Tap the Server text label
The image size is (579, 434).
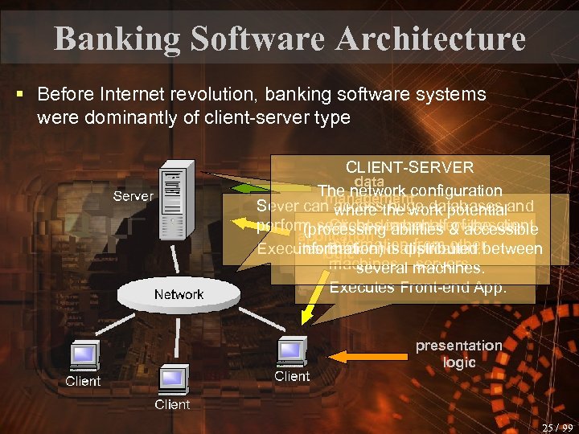pyautogui.click(x=133, y=196)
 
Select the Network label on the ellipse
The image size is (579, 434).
pyautogui.click(x=179, y=294)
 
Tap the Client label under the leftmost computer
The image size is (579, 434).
pyautogui.click(x=83, y=381)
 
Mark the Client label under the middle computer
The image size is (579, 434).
pyautogui.click(x=172, y=403)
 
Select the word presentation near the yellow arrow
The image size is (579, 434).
pyautogui.click(x=458, y=346)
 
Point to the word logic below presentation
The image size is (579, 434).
pyautogui.click(x=459, y=362)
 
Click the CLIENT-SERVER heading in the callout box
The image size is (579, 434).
pyautogui.click(x=409, y=167)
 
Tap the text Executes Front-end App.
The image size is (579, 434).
pyautogui.click(x=417, y=287)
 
